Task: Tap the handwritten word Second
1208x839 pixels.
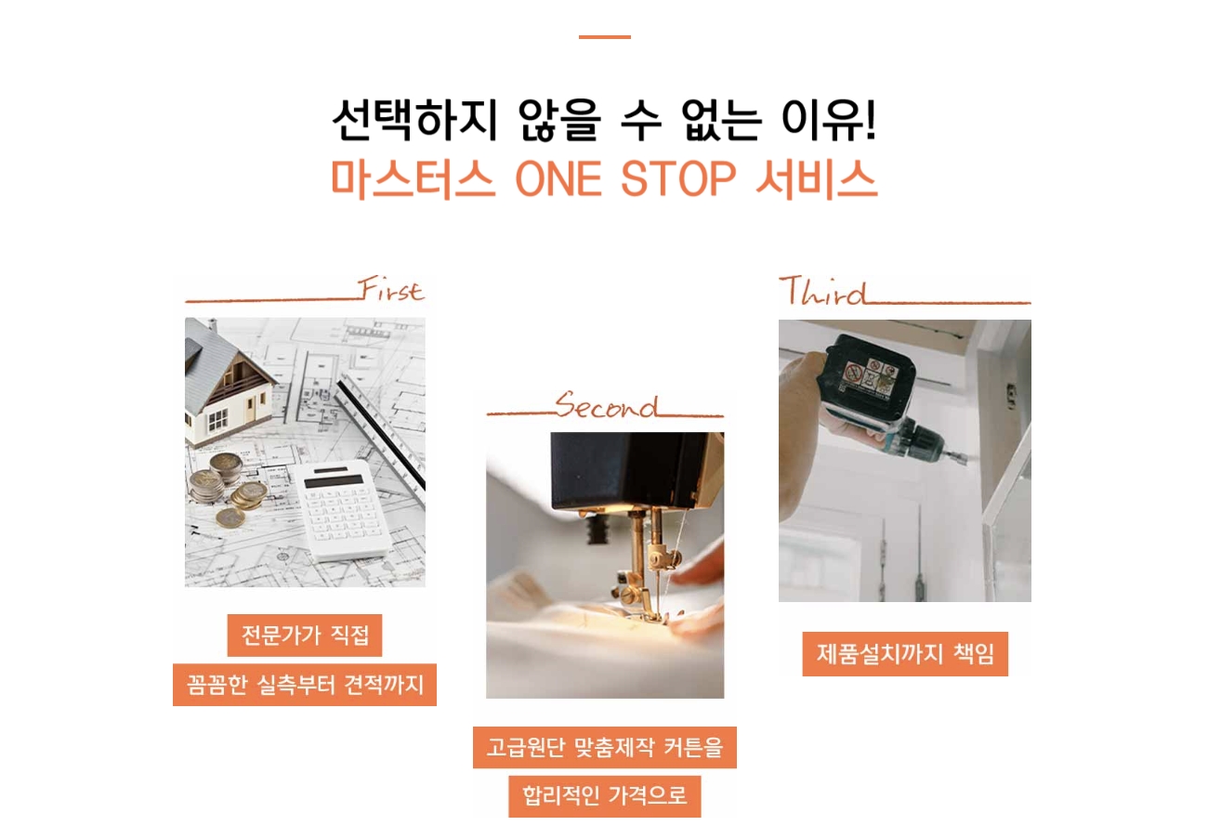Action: [x=607, y=405]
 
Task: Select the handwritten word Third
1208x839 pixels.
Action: [x=823, y=290]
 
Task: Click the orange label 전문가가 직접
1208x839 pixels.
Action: [x=305, y=636]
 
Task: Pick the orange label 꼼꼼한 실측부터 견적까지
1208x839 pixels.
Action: [x=305, y=684]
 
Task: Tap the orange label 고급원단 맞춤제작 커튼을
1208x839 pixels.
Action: [x=605, y=747]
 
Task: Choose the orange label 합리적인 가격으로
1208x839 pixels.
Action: [x=605, y=796]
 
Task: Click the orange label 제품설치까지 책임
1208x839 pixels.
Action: [x=905, y=653]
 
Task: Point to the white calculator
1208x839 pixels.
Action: [x=343, y=508]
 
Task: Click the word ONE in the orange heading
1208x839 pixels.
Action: [x=558, y=179]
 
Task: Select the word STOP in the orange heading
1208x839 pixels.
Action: [x=678, y=179]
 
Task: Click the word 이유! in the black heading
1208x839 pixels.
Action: [x=829, y=120]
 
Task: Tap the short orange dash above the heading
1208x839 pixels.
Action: [x=605, y=37]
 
